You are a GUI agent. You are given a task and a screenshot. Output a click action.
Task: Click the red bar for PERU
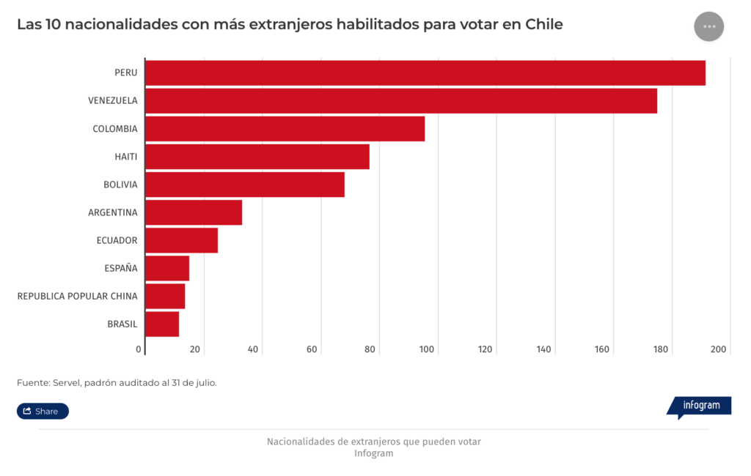425,73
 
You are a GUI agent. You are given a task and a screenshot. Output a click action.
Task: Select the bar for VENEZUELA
401,101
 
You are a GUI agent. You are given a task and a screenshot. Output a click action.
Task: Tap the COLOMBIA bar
285,129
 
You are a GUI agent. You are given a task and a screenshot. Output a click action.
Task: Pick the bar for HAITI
257,157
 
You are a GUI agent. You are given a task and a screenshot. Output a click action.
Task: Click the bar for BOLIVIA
245,185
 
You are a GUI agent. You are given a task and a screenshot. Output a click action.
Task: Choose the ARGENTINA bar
194,212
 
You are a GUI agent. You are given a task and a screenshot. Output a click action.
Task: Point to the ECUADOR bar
182,240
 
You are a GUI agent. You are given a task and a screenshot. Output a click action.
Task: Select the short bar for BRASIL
162,324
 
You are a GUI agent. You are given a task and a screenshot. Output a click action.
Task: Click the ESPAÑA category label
121,268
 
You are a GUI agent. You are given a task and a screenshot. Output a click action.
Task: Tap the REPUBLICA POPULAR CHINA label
77,296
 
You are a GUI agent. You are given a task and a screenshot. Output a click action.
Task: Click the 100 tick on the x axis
428,349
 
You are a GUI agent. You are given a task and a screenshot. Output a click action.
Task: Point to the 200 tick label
718,349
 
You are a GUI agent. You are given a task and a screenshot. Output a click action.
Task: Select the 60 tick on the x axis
312,349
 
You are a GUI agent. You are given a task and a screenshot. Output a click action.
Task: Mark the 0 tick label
139,349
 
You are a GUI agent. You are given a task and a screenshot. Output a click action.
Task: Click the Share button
43,411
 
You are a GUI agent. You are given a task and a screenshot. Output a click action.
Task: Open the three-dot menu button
708,26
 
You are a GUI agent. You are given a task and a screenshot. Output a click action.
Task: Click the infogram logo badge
700,406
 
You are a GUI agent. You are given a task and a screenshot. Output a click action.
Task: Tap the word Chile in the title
544,24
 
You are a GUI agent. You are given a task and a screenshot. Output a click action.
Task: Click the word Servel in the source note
67,382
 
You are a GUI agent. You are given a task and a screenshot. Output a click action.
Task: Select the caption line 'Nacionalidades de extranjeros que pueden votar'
374,442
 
